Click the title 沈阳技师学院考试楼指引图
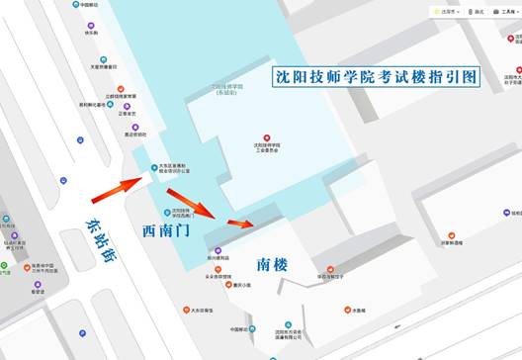pyautogui.click(x=376, y=75)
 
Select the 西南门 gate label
pyautogui.click(x=171, y=230)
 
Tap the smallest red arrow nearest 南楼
pyautogui.click(x=239, y=223)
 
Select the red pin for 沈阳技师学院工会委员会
pyautogui.click(x=265, y=137)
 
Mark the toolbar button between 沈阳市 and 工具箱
pyautogui.click(x=476, y=11)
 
